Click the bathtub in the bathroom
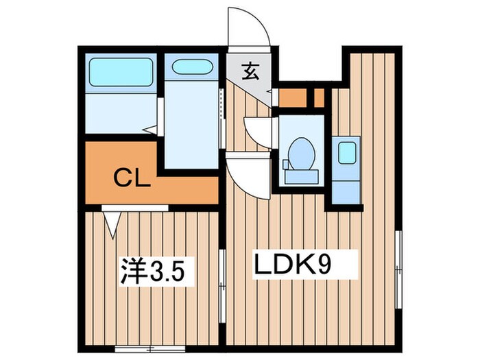[121, 71]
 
